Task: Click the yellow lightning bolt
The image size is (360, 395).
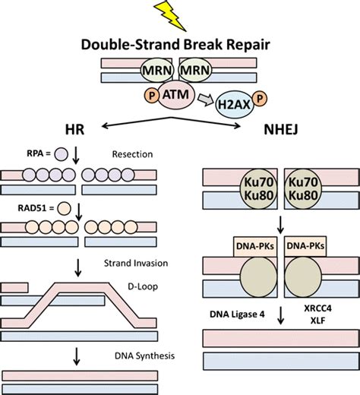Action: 170,14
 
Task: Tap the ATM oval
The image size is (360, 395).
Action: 176,95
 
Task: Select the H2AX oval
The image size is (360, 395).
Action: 234,105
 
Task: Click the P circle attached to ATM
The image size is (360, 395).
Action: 152,96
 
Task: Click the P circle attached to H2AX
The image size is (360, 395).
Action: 260,99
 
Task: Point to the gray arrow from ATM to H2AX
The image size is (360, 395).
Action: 205,100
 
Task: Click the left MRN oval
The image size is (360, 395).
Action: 157,70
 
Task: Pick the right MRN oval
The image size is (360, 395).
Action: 195,70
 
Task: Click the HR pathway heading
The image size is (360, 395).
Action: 74,129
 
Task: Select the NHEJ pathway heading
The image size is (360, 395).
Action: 281,129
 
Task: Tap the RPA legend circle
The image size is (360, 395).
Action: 62,154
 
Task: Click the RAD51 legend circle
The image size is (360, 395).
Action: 64,208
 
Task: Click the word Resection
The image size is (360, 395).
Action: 132,154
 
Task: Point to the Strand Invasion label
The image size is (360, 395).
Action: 136,264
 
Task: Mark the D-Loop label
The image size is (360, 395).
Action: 143,286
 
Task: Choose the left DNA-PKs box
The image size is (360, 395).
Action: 255,246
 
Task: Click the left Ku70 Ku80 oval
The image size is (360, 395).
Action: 258,189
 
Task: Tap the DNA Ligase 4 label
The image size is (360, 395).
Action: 237,314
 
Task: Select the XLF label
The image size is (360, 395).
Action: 317,321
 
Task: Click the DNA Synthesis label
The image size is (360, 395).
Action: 144,356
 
